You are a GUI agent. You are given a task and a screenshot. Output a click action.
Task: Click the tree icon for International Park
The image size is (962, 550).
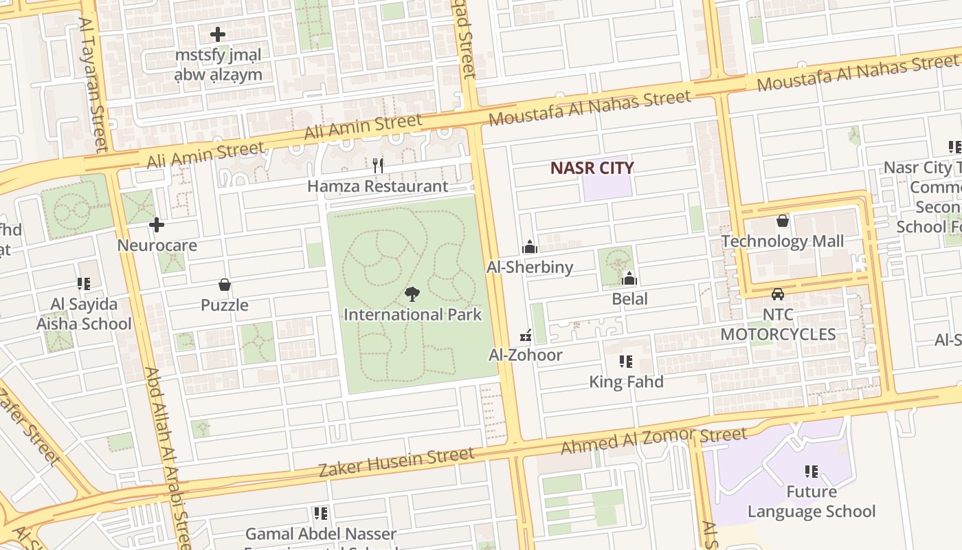(x=412, y=294)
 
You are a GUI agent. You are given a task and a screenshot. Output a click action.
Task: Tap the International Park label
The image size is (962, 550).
(x=412, y=315)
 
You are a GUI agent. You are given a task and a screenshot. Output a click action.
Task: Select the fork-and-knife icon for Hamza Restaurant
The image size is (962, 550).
(x=377, y=165)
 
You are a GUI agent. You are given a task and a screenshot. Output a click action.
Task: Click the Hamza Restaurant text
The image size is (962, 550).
(x=377, y=186)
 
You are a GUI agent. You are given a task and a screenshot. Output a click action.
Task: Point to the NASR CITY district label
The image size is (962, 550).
(x=592, y=168)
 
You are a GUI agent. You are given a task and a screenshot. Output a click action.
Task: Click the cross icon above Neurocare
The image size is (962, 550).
(x=157, y=224)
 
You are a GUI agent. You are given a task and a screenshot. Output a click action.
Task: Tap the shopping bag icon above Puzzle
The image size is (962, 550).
(x=224, y=285)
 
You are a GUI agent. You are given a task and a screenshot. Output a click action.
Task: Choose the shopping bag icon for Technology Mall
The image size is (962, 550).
(x=782, y=221)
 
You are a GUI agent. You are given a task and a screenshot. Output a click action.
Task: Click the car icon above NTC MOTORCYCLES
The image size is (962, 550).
(x=778, y=294)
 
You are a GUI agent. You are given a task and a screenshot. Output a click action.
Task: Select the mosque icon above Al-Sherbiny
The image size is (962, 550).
(x=530, y=247)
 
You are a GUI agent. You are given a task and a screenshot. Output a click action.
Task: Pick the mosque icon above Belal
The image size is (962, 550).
(x=629, y=278)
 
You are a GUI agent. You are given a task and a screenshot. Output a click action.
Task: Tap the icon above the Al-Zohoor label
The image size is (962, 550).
(x=526, y=335)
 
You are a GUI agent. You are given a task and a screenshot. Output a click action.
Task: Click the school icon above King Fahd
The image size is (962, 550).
(x=626, y=361)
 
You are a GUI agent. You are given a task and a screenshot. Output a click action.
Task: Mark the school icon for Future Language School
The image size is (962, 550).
(x=812, y=472)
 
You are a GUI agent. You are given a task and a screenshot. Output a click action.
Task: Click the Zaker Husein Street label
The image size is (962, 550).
(x=396, y=463)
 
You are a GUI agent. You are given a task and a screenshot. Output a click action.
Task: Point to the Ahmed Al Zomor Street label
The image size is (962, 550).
(x=653, y=441)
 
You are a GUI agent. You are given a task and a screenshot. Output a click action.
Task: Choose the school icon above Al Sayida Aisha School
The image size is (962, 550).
(x=84, y=284)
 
